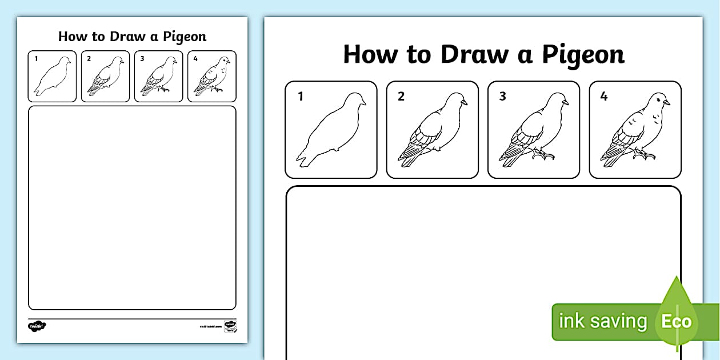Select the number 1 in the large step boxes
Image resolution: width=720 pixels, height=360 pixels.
pos(301,97)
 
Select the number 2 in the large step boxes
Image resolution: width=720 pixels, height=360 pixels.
pos(401,97)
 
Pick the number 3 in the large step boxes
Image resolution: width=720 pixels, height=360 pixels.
pos(502,97)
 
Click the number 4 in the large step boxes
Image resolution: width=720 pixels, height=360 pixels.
pos(604,97)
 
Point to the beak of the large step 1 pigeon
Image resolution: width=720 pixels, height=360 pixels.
pos(364,103)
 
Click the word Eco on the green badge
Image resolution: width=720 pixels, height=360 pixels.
pos(677,321)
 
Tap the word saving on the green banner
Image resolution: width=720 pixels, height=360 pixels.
pos(618,321)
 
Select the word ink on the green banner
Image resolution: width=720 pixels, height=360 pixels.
pos(571,321)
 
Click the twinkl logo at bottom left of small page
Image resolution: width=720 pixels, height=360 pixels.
pos(37,326)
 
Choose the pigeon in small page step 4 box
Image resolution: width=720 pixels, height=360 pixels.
pos(212,76)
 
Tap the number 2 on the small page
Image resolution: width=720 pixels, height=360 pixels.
pos(89,58)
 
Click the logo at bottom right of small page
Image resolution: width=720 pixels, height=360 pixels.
pos(230,326)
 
